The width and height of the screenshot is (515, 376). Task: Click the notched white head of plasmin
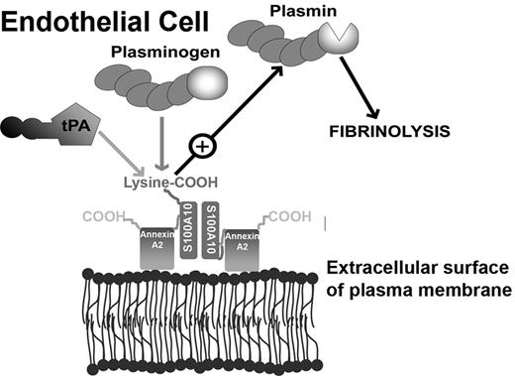tap(340, 37)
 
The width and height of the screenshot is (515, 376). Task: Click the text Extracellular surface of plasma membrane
tap(416, 279)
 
